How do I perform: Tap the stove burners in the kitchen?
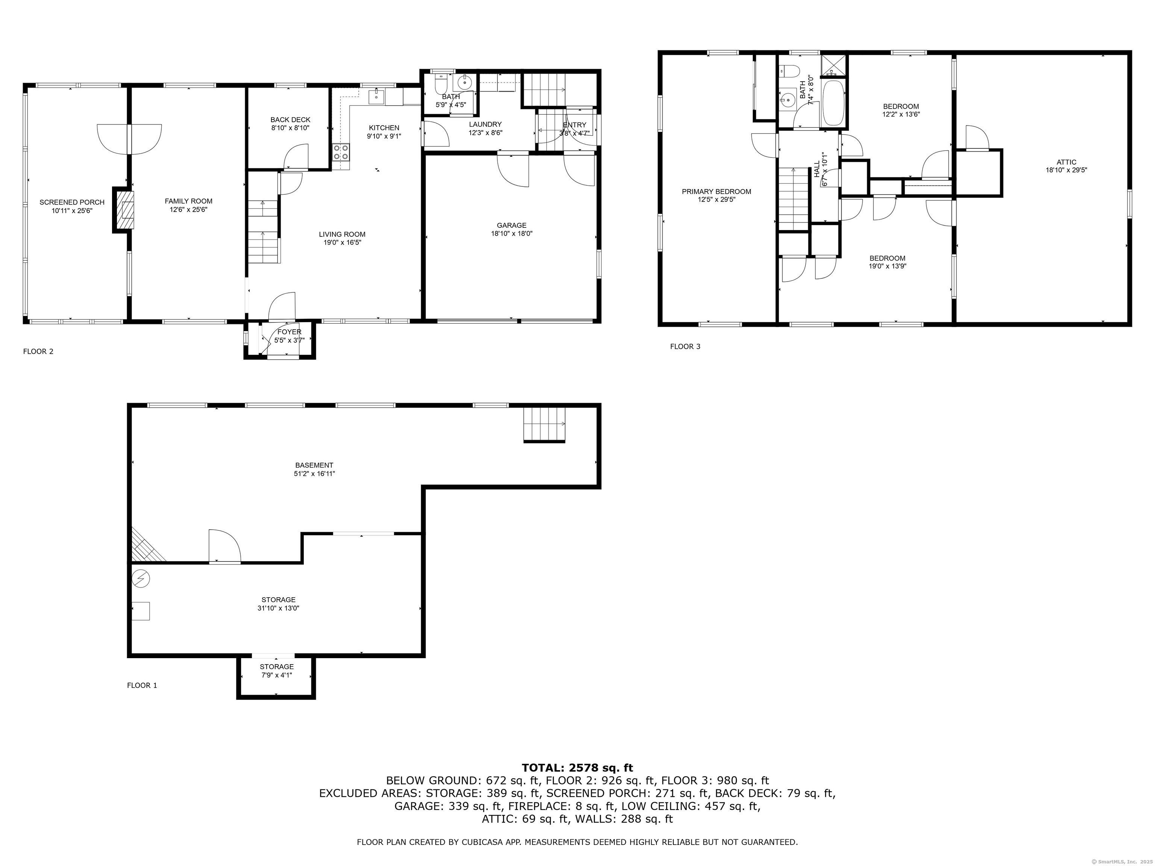click(341, 152)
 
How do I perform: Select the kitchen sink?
click(376, 97)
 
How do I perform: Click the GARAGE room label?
click(511, 226)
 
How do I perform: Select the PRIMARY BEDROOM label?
click(716, 192)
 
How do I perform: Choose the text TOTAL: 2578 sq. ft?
click(577, 768)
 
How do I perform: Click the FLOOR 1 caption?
click(142, 685)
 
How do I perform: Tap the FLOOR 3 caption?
click(685, 346)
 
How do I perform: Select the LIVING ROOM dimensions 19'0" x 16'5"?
click(342, 242)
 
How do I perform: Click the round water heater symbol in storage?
click(141, 578)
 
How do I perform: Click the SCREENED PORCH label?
click(72, 202)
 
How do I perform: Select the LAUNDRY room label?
click(485, 124)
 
